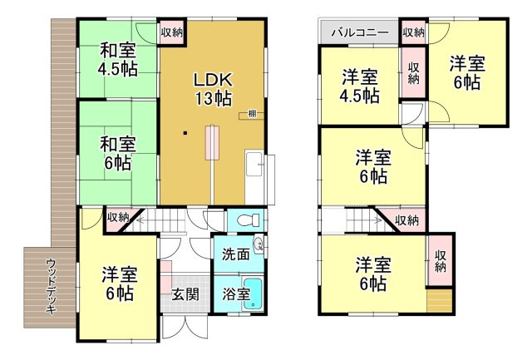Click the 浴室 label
click(x=235, y=293)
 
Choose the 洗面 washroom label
click(x=235, y=254)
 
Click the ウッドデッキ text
click(x=51, y=288)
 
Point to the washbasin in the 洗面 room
click(x=259, y=244)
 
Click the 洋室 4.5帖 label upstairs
click(x=360, y=86)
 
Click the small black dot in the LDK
click(x=186, y=133)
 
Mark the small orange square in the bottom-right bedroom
click(x=438, y=301)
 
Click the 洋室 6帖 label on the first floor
click(x=119, y=283)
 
